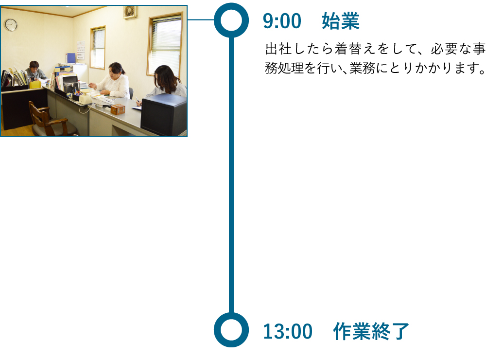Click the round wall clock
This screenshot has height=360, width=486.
pos(11,25)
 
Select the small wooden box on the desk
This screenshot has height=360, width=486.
pos(118,109)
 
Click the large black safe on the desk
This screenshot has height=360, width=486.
pos(163,115)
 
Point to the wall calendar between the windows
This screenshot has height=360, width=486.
pos(81,50)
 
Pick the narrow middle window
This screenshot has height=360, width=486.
pos(98,47)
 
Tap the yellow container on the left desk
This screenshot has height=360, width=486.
pos(35,84)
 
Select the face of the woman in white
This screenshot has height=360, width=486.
pos(115,72)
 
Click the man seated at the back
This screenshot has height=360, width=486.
pos(35,72)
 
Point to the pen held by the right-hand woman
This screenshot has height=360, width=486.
pos(138,101)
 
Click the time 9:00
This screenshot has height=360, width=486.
pos(282,21)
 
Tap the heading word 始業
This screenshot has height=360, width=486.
pos(340,21)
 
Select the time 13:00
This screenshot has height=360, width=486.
pos(287,332)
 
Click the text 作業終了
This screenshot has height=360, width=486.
pos(371,332)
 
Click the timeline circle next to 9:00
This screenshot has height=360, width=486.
pos(231,20)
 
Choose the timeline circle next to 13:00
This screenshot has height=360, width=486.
pos(231,330)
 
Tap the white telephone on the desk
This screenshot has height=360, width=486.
pos(86,98)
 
